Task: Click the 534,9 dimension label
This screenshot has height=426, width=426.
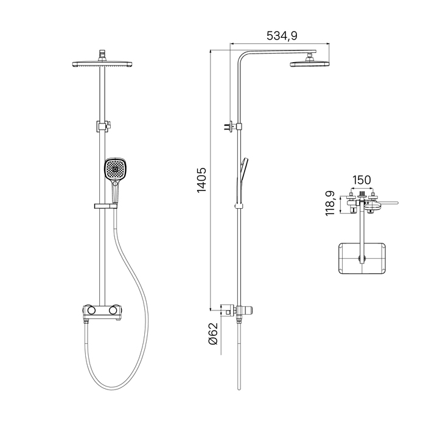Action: pyautogui.click(x=282, y=35)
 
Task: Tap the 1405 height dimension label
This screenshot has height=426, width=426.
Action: pyautogui.click(x=202, y=180)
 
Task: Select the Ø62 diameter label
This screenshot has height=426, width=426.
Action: pyautogui.click(x=213, y=333)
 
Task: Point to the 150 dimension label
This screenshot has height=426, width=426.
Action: pyautogui.click(x=361, y=180)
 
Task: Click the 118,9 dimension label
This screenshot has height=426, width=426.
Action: pyautogui.click(x=330, y=203)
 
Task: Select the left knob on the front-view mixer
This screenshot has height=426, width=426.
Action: pyautogui.click(x=91, y=310)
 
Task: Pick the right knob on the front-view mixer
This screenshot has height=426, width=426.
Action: pyautogui.click(x=113, y=310)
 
